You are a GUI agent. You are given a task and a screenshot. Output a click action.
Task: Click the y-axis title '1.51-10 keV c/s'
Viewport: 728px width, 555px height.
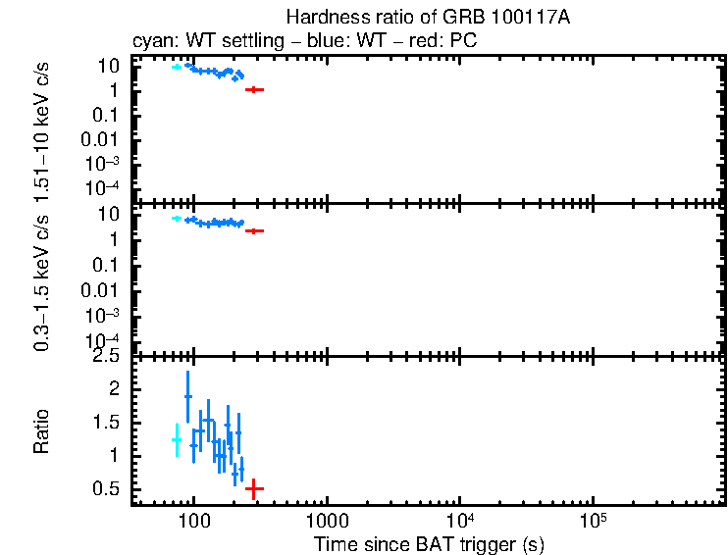(42, 129)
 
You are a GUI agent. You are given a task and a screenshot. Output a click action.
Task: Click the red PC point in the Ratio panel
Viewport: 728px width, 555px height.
(255, 487)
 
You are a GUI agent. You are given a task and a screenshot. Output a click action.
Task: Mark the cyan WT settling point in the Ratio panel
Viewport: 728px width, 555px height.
(177, 439)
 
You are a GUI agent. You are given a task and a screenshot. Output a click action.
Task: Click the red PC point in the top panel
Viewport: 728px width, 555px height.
(255, 89)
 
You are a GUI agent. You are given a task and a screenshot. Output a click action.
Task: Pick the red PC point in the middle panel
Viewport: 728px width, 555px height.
(255, 230)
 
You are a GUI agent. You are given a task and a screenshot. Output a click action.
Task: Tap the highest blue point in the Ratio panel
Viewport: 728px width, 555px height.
(187, 396)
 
